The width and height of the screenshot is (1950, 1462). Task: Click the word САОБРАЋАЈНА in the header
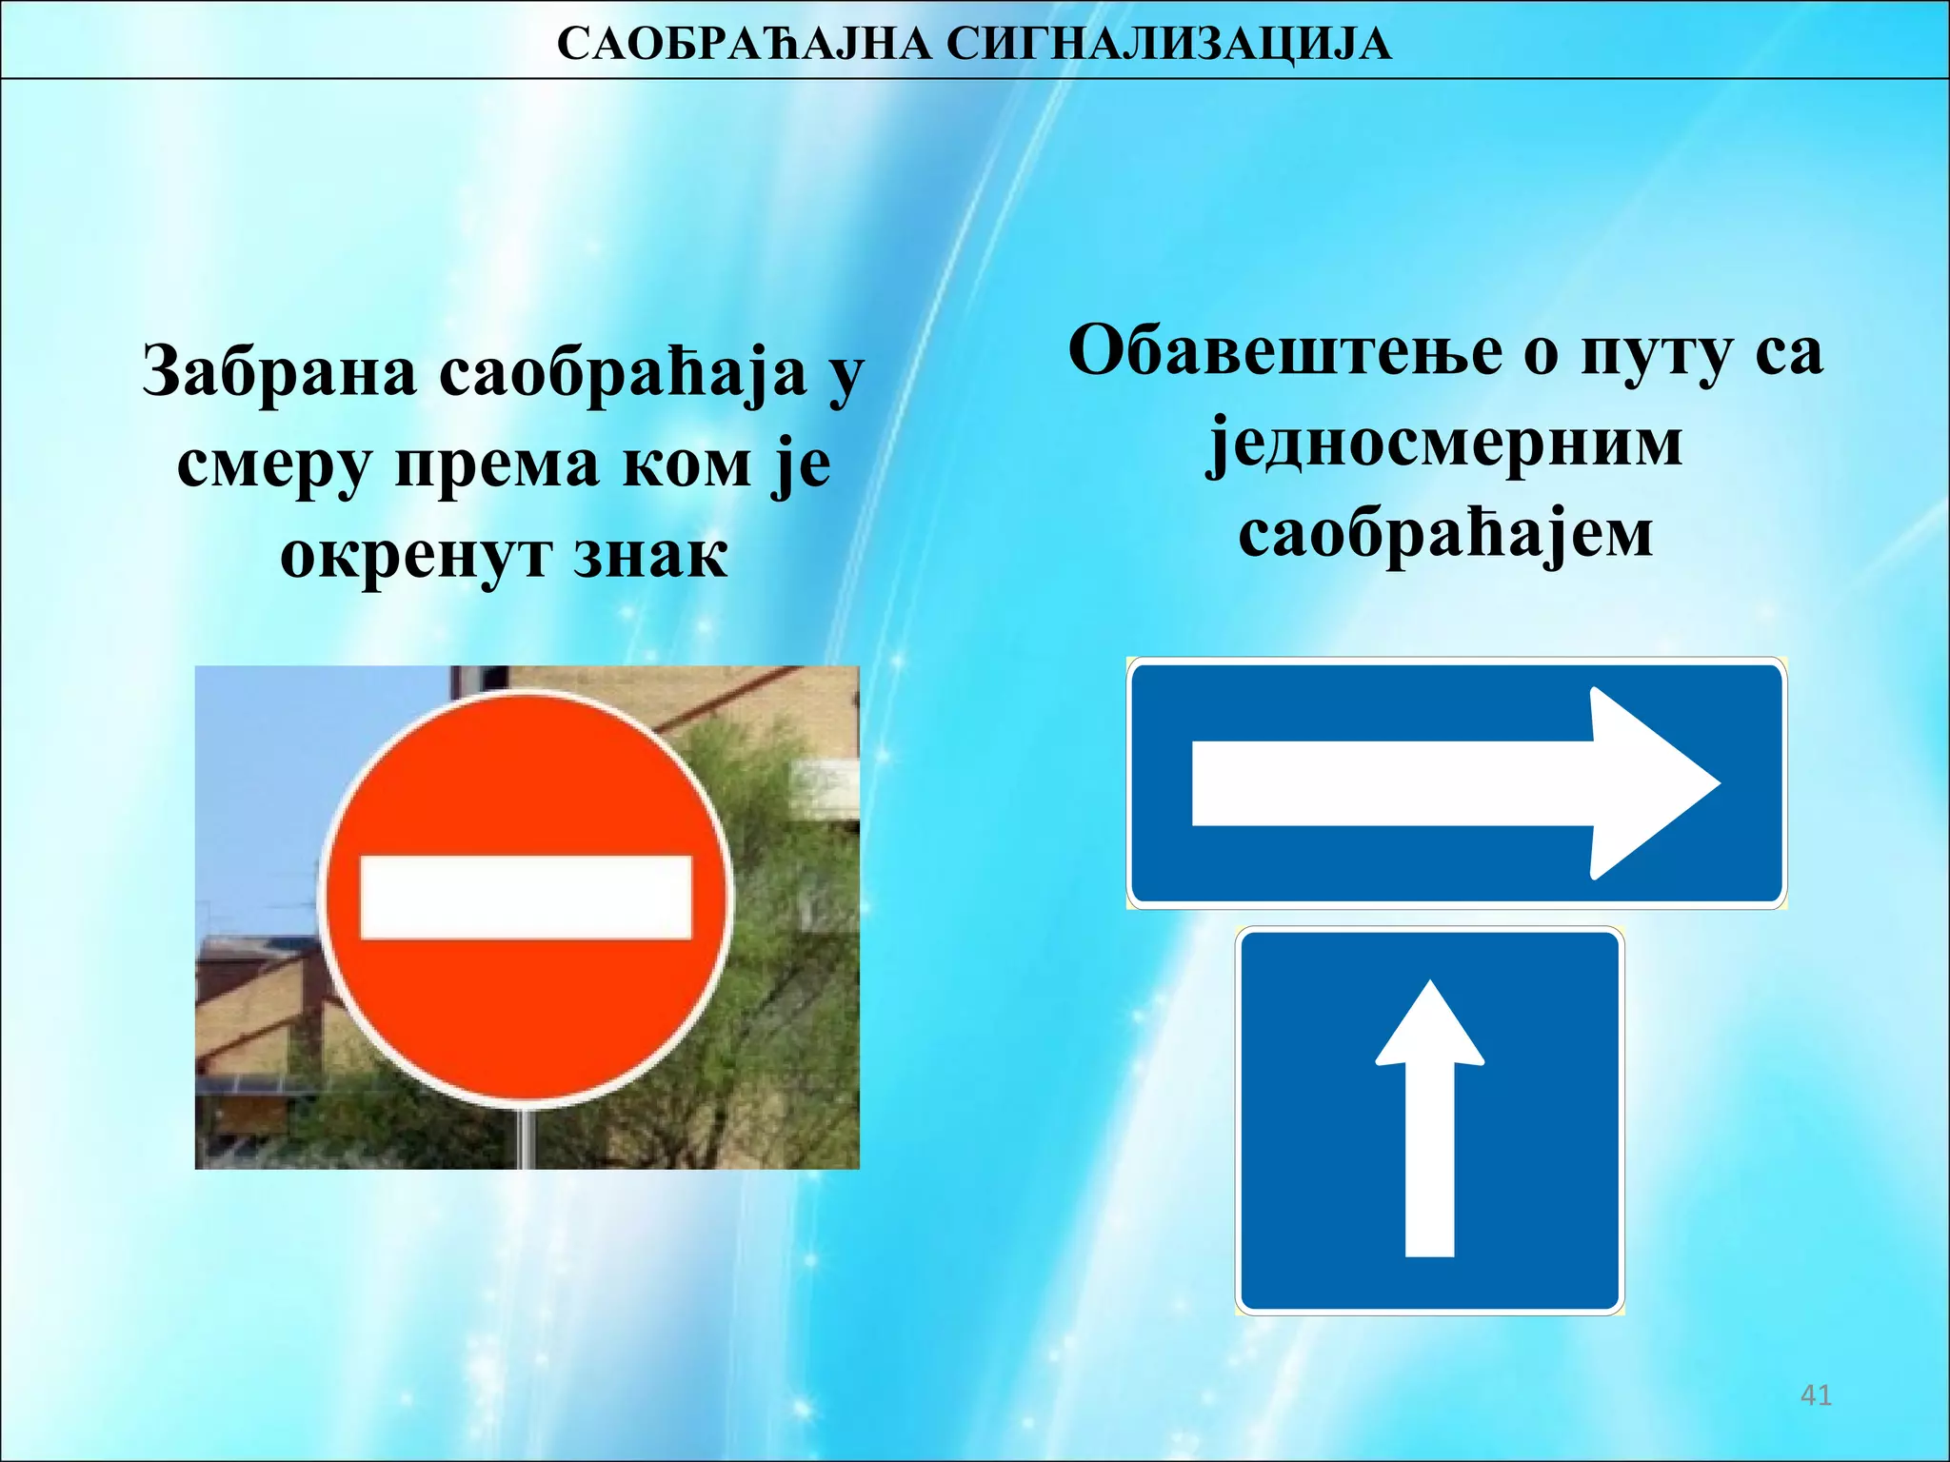click(x=744, y=44)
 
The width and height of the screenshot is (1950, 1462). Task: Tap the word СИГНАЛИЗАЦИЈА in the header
click(x=1169, y=44)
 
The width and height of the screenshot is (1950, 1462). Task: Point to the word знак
click(x=650, y=556)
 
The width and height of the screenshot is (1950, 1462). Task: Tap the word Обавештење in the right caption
click(x=1284, y=351)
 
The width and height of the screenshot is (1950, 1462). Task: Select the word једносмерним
click(x=1444, y=444)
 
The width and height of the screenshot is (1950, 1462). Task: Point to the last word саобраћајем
click(x=1444, y=534)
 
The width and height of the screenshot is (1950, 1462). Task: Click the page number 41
click(x=1816, y=1395)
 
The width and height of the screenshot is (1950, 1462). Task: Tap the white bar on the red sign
click(x=526, y=898)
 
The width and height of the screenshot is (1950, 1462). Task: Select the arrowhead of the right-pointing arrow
click(x=1652, y=783)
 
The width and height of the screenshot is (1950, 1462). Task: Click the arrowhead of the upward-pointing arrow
click(x=1430, y=1029)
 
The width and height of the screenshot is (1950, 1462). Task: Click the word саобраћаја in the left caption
click(x=623, y=373)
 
